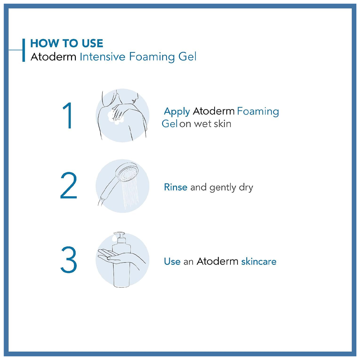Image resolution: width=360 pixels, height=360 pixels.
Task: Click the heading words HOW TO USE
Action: click(x=67, y=43)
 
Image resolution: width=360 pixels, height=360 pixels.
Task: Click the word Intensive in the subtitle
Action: click(x=102, y=57)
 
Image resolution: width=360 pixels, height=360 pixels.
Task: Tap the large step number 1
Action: click(x=68, y=115)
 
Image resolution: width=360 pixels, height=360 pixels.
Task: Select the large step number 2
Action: click(x=69, y=185)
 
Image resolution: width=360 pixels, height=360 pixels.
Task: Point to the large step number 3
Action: click(x=69, y=260)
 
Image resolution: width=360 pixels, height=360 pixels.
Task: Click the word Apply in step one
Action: click(x=177, y=112)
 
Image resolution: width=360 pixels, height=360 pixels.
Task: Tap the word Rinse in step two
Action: click(x=176, y=187)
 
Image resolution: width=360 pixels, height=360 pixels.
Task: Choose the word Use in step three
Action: click(x=172, y=261)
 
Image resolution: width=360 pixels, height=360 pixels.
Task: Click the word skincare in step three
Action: click(x=259, y=261)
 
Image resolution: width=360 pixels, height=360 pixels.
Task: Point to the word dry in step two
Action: click(x=246, y=188)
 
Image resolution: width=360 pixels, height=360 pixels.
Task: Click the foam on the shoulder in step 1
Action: click(x=116, y=117)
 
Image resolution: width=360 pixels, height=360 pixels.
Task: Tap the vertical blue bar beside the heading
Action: click(x=23, y=50)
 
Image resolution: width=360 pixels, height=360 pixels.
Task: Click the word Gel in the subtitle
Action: click(x=187, y=57)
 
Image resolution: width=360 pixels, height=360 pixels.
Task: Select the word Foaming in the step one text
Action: click(x=258, y=112)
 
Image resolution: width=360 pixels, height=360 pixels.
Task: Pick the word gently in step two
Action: click(x=223, y=188)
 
